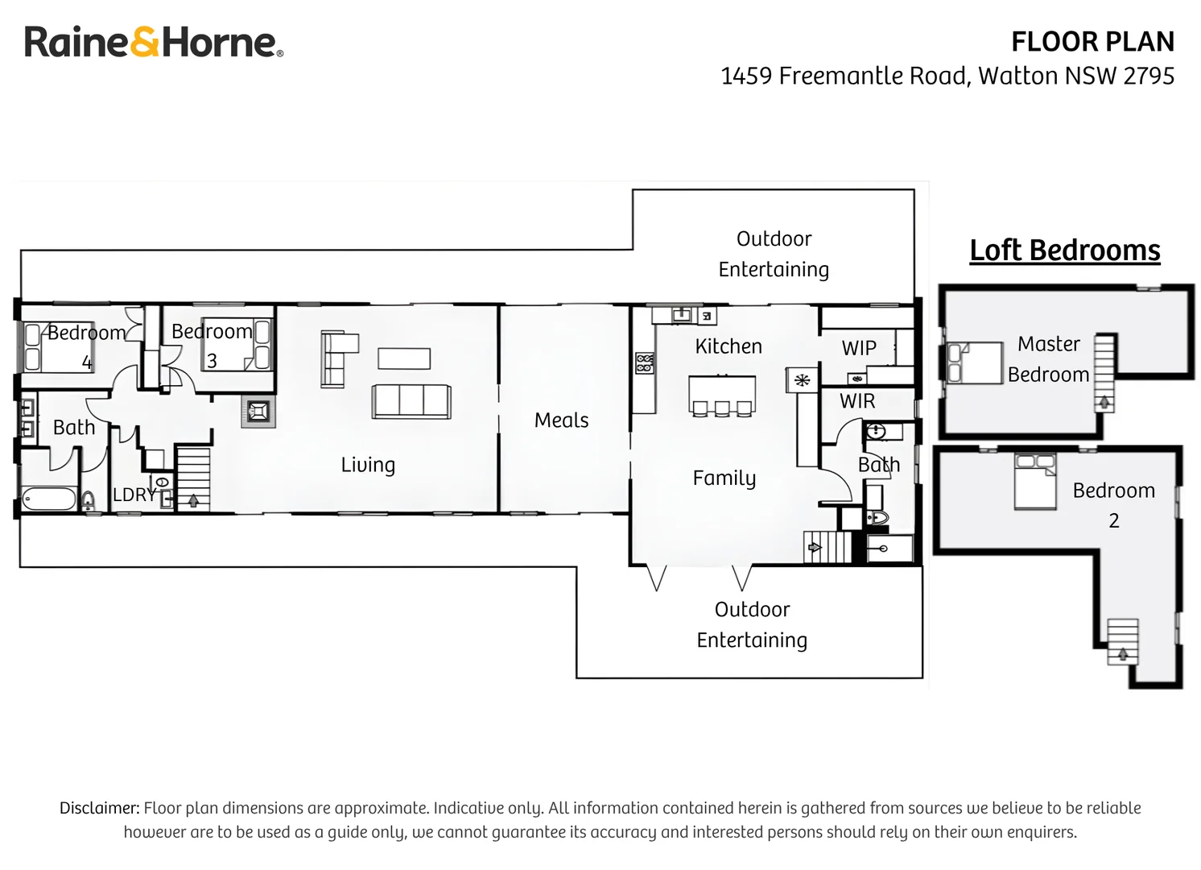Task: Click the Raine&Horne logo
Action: (x=154, y=41)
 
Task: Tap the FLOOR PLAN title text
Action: (x=1092, y=42)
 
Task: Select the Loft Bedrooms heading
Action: (x=1065, y=250)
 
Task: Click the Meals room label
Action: (x=561, y=420)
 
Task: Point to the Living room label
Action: (x=368, y=465)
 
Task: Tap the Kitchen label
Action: (x=728, y=346)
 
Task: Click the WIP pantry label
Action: (x=858, y=348)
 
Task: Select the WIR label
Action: (x=856, y=401)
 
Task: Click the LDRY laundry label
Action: (x=134, y=495)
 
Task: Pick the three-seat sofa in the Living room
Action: (x=411, y=401)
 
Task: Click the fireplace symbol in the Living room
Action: (x=258, y=412)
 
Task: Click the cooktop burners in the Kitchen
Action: (x=645, y=362)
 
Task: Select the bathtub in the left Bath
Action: (x=49, y=499)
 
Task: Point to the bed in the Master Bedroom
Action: (x=975, y=362)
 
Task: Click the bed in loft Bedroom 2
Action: (x=1035, y=482)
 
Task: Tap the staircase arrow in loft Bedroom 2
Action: (x=1122, y=654)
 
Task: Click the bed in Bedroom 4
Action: (x=58, y=346)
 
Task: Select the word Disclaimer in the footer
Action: (x=100, y=808)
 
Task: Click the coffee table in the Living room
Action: (x=404, y=358)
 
